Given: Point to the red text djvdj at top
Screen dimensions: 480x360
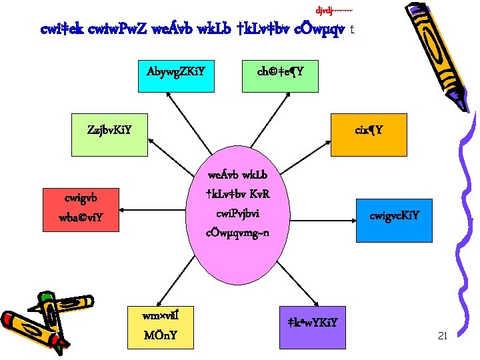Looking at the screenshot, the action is tap(333, 10).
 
